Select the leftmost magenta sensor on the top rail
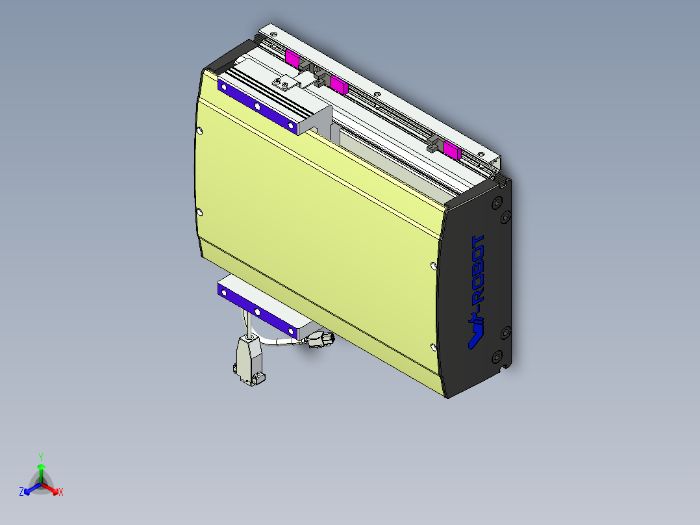click(x=292, y=59)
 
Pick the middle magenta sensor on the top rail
click(x=338, y=84)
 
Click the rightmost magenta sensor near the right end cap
click(x=451, y=152)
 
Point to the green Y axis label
click(x=40, y=457)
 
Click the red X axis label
click(x=61, y=493)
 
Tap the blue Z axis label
click(x=21, y=493)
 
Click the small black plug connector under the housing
click(x=320, y=340)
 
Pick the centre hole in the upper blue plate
click(x=257, y=107)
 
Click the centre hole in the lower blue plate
click(x=257, y=313)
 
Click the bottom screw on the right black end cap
click(x=497, y=357)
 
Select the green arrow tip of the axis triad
click(x=40, y=467)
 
